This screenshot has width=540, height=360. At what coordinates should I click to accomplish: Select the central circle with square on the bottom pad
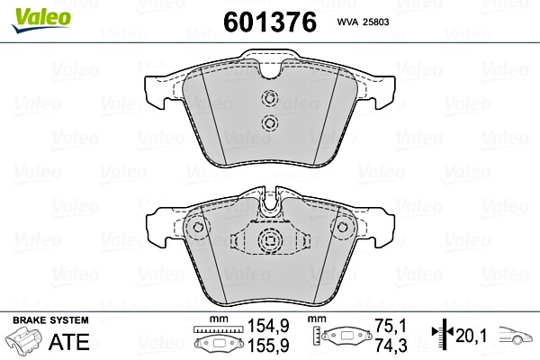pos(269,241)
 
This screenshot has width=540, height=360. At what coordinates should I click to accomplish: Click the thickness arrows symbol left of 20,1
pos(440,336)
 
